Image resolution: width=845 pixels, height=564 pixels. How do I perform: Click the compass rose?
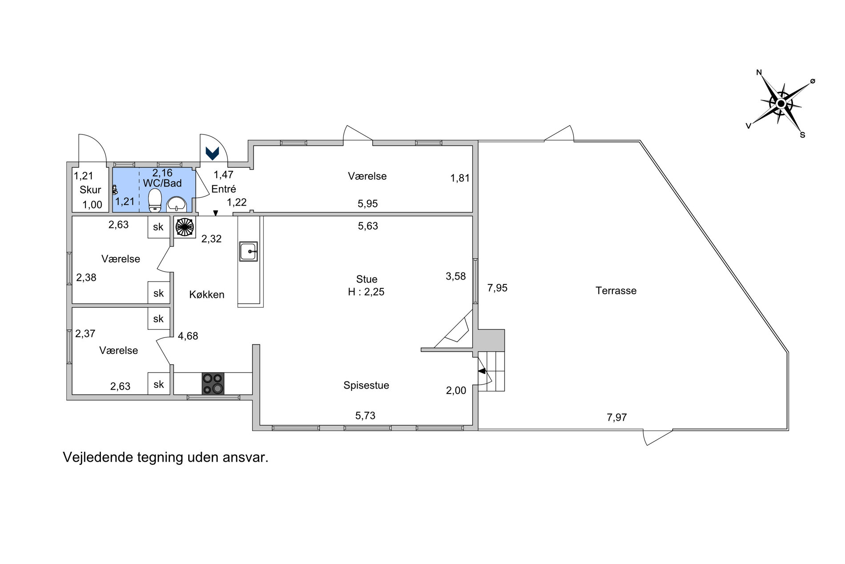[781, 104]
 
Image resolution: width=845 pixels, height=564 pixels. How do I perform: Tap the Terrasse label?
[616, 291]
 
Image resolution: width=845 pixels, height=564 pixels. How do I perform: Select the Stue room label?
[366, 279]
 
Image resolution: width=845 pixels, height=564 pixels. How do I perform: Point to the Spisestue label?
[366, 385]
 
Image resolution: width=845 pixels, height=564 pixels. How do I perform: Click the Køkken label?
[207, 294]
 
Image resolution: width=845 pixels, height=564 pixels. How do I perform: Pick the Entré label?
[224, 189]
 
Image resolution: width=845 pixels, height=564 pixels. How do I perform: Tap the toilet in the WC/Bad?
[155, 200]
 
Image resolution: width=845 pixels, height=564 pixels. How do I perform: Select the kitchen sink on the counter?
[249, 252]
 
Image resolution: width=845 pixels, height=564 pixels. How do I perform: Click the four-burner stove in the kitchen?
[213, 383]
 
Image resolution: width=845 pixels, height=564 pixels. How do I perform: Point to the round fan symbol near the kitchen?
[185, 227]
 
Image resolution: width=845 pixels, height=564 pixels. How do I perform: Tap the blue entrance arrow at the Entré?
[213, 153]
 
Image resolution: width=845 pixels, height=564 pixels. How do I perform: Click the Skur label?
[90, 190]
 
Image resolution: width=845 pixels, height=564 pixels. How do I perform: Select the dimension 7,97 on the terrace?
[617, 417]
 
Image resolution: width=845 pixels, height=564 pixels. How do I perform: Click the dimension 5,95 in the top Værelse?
[368, 203]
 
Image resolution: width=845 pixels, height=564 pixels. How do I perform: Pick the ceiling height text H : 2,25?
[366, 292]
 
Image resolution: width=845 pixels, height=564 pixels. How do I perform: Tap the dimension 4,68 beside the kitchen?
[188, 336]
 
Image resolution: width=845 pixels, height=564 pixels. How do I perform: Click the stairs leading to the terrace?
[491, 371]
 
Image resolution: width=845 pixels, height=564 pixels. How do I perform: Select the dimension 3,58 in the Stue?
[456, 276]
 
